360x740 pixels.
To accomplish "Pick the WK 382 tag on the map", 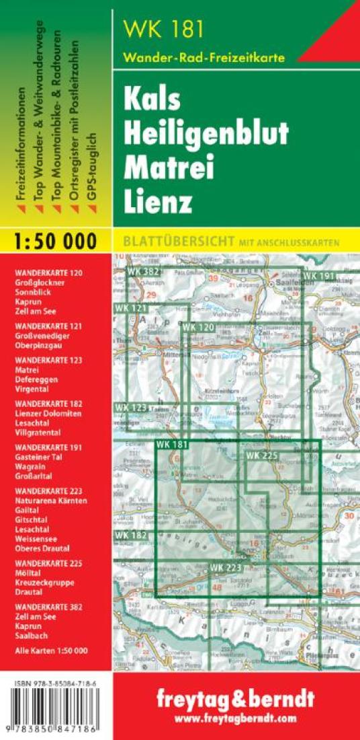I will (x=141, y=271).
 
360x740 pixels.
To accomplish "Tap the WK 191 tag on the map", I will (x=318, y=276).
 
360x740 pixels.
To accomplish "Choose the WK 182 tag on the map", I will (x=130, y=535).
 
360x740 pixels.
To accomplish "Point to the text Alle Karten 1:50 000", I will (x=51, y=651).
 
